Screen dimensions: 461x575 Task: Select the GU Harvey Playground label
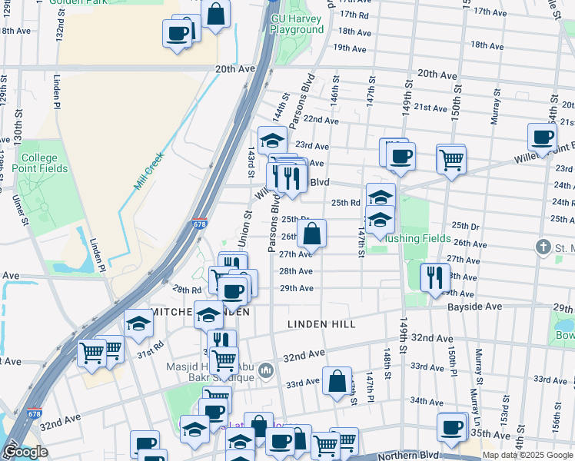tap(297, 24)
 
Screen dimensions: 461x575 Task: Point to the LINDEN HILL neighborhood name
tap(321, 325)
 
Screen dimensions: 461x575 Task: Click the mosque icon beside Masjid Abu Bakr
tap(266, 371)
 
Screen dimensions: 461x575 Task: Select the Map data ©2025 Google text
tap(527, 455)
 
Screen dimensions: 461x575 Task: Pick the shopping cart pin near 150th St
tap(451, 160)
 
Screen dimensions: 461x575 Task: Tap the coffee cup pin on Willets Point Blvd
tap(543, 137)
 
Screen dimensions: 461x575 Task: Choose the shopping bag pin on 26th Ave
tap(312, 234)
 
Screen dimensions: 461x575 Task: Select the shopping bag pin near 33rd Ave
tap(337, 381)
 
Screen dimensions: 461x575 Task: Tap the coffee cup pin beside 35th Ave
tap(451, 427)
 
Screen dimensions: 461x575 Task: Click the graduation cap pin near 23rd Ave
tap(271, 141)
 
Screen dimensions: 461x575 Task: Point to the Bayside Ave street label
tap(475, 306)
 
